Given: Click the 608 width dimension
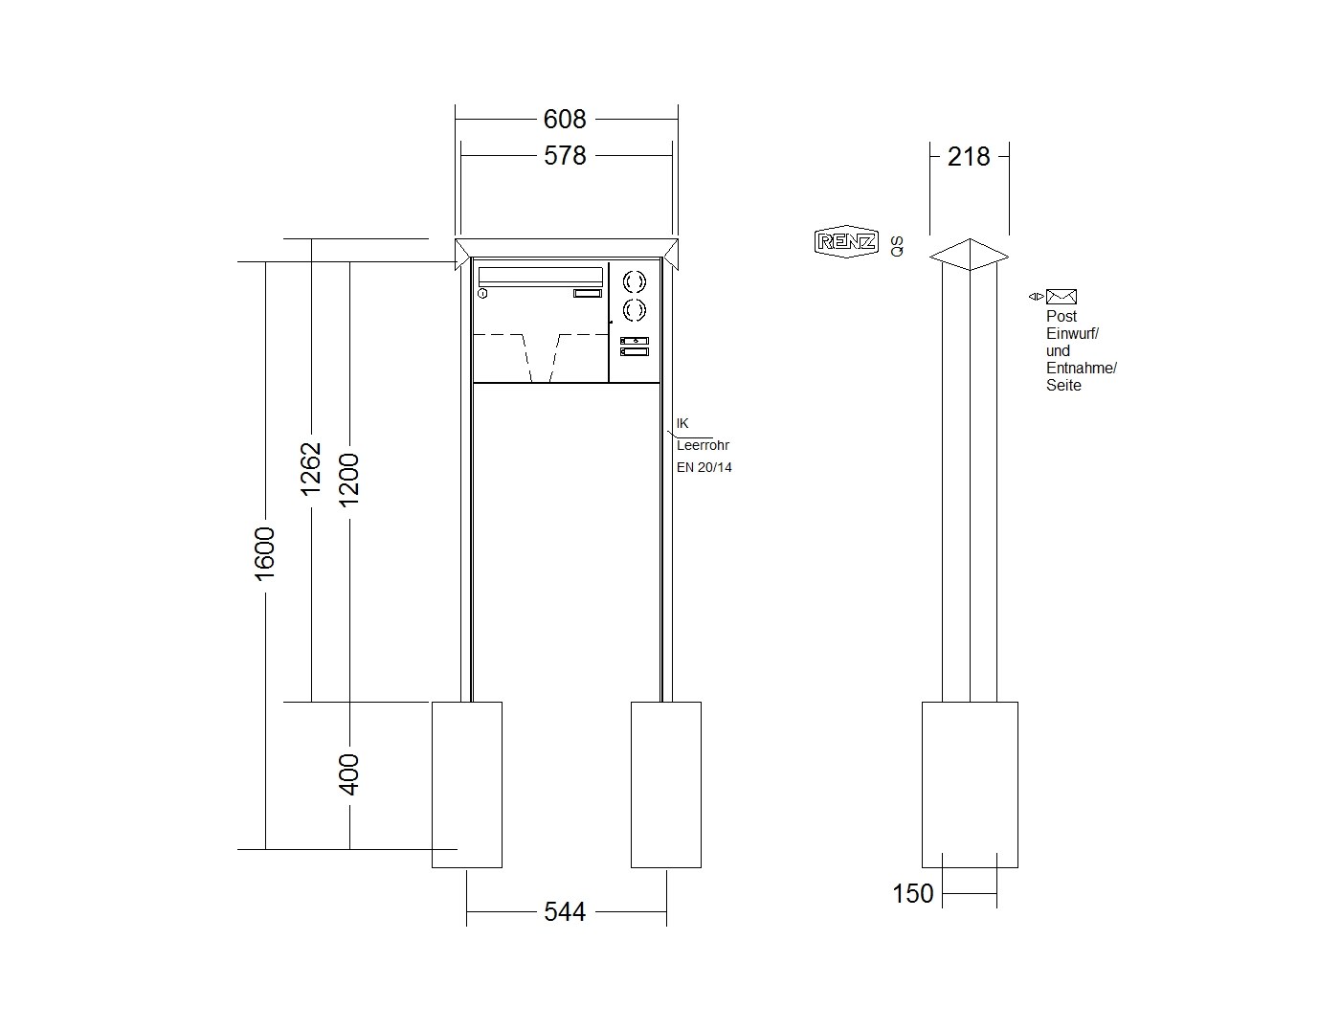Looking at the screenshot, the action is point(565,119).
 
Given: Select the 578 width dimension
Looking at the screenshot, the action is point(565,155).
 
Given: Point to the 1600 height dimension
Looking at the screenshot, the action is point(265,553).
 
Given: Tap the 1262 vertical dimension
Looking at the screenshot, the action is point(310,468).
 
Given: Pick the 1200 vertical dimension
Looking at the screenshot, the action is point(349,480).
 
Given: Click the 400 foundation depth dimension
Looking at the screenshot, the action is point(349,773).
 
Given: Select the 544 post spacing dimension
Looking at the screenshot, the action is point(565,911).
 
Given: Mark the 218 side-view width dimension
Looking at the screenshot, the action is point(969,157).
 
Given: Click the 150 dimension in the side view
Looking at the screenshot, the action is point(913,893).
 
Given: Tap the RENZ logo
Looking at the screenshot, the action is point(847,241).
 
